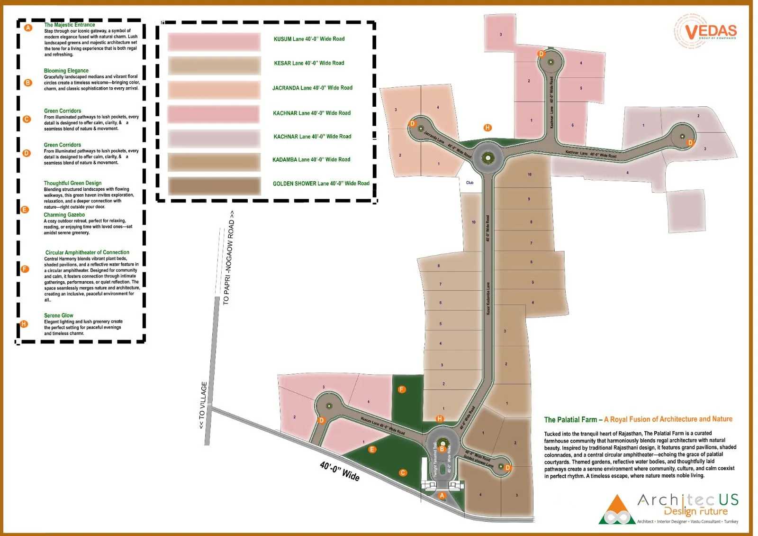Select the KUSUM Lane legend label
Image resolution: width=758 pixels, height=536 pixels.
coord(309,39)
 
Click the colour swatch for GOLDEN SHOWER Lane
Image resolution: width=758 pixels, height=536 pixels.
coord(214,185)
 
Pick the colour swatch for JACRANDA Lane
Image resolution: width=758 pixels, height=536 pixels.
coord(214,90)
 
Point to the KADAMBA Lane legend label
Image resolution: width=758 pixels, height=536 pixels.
coord(311,160)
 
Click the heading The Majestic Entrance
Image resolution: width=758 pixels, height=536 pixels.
coord(70,25)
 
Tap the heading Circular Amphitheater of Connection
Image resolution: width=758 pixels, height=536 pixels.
coord(87,252)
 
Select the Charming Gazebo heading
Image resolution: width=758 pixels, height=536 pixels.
coord(64,215)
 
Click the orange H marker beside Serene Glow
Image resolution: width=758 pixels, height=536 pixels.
coord(24,324)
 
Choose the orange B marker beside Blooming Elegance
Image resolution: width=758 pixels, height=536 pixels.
coord(28,83)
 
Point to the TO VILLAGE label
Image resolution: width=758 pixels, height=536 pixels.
coord(203,406)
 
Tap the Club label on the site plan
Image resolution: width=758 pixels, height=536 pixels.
coord(469,183)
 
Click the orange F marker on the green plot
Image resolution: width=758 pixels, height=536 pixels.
coord(402,389)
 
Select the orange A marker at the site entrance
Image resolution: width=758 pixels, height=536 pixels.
coord(442,495)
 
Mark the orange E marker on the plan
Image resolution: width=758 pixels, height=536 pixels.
coord(372,449)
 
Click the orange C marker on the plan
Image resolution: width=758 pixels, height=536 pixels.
coord(403,472)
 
